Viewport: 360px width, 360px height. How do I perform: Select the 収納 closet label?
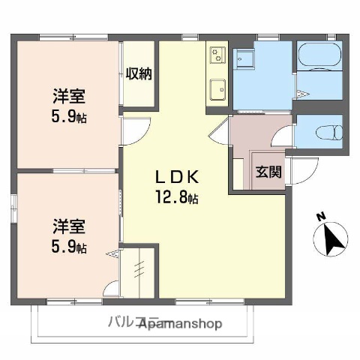point(139,73)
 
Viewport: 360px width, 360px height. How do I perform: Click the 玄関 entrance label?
point(268,171)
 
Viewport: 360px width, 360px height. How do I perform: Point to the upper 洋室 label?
point(67,96)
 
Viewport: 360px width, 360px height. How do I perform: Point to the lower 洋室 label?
point(67,225)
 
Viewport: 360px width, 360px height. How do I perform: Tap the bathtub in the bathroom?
point(320,55)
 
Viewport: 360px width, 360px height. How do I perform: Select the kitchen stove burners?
point(217,54)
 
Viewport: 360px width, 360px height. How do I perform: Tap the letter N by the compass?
point(320,217)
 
